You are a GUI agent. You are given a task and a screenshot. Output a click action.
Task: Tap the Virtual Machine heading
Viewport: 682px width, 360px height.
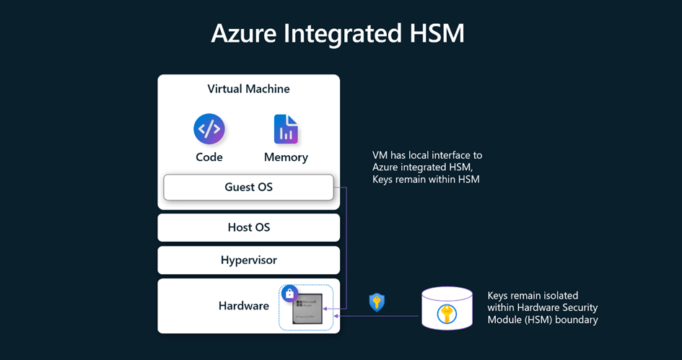pyautogui.click(x=248, y=89)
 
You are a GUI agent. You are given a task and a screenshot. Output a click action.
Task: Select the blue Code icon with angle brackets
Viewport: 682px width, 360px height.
pyautogui.click(x=209, y=130)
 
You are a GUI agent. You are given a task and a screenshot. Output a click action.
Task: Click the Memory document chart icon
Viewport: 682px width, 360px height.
pyautogui.click(x=286, y=130)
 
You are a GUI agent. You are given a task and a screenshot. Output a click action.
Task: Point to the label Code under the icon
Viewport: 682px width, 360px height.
pyautogui.click(x=209, y=157)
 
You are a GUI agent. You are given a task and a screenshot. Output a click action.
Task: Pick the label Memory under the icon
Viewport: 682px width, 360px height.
pyautogui.click(x=286, y=157)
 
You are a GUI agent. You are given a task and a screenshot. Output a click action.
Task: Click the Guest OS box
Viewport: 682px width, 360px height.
pyautogui.click(x=248, y=187)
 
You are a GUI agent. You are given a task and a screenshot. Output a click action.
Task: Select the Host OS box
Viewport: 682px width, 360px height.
pyautogui.click(x=248, y=227)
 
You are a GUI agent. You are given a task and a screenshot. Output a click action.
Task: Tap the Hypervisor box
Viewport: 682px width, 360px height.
pyautogui.click(x=248, y=260)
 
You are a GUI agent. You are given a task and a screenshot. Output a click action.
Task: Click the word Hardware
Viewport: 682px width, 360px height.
pyautogui.click(x=244, y=306)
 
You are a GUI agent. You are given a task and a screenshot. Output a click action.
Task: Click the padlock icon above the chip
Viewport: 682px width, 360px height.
pyautogui.click(x=289, y=294)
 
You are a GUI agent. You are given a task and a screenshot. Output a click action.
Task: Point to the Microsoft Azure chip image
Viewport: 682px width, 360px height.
pyautogui.click(x=307, y=309)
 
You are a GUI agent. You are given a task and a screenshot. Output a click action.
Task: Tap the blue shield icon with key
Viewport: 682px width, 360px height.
pyautogui.click(x=376, y=302)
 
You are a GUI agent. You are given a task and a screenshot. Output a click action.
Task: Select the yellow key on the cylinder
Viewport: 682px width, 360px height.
pyautogui.click(x=447, y=312)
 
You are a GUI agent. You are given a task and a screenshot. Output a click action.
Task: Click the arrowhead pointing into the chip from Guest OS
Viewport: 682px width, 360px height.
pyautogui.click(x=327, y=308)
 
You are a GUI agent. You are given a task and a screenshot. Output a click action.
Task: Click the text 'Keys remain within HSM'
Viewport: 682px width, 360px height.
pyautogui.click(x=426, y=179)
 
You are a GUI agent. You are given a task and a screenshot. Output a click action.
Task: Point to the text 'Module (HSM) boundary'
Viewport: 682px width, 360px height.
pyautogui.click(x=543, y=320)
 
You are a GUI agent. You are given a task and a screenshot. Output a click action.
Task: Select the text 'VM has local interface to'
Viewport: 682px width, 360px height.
pyautogui.click(x=427, y=155)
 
